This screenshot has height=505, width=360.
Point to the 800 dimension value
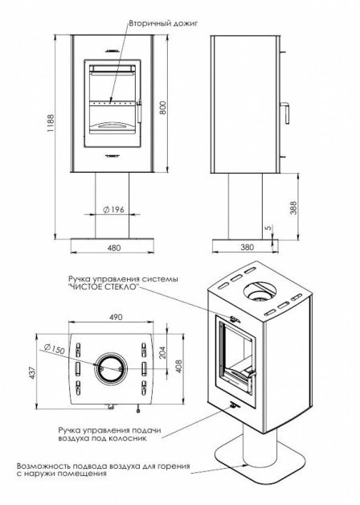(x=163, y=109)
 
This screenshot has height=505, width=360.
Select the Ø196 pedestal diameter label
(x=113, y=210)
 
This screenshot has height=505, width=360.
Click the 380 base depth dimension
(x=247, y=248)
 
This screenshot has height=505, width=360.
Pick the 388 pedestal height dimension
(x=293, y=208)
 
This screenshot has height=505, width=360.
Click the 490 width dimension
(x=116, y=318)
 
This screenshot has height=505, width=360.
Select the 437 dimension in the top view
(x=34, y=372)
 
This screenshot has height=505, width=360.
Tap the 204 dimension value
(x=162, y=352)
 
